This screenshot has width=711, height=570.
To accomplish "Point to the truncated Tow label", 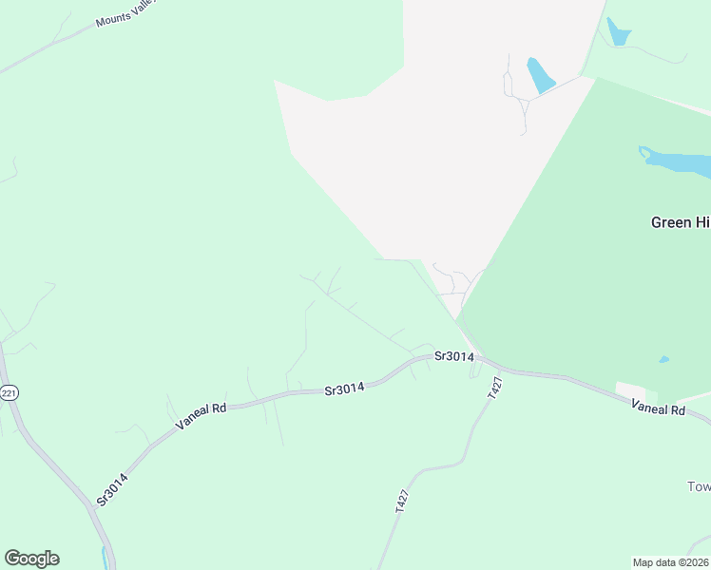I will [699, 486].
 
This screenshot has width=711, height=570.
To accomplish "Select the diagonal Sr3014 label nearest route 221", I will [112, 488].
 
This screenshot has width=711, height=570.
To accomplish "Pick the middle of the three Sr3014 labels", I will [345, 389].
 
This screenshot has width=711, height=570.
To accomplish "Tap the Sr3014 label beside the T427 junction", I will [453, 356].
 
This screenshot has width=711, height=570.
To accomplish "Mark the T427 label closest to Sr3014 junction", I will [494, 388].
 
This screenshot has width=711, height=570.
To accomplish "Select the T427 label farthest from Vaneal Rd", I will [402, 502].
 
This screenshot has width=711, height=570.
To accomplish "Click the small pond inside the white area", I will [540, 75].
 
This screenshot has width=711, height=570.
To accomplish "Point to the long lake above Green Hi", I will [677, 161].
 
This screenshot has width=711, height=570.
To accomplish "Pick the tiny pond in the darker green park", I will [663, 359].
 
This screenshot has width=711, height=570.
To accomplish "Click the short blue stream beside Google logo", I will [104, 555].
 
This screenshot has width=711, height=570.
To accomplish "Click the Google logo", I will [31, 559].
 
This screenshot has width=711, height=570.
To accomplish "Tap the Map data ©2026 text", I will [671, 561].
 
